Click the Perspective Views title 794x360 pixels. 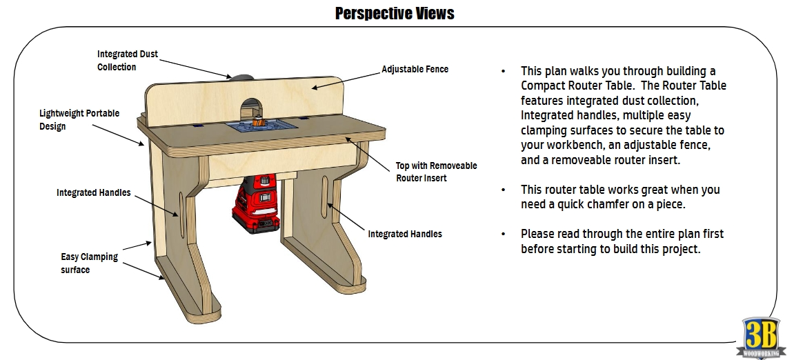(394, 13)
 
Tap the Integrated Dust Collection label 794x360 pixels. (127, 60)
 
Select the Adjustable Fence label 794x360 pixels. (415, 70)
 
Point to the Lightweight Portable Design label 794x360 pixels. (79, 119)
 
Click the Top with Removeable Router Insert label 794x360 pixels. (436, 172)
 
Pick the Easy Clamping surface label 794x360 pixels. (89, 263)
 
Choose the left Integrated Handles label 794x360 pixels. (93, 193)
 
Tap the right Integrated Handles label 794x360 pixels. (405, 234)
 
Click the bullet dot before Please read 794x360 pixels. (504, 234)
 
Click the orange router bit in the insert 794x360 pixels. (259, 123)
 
